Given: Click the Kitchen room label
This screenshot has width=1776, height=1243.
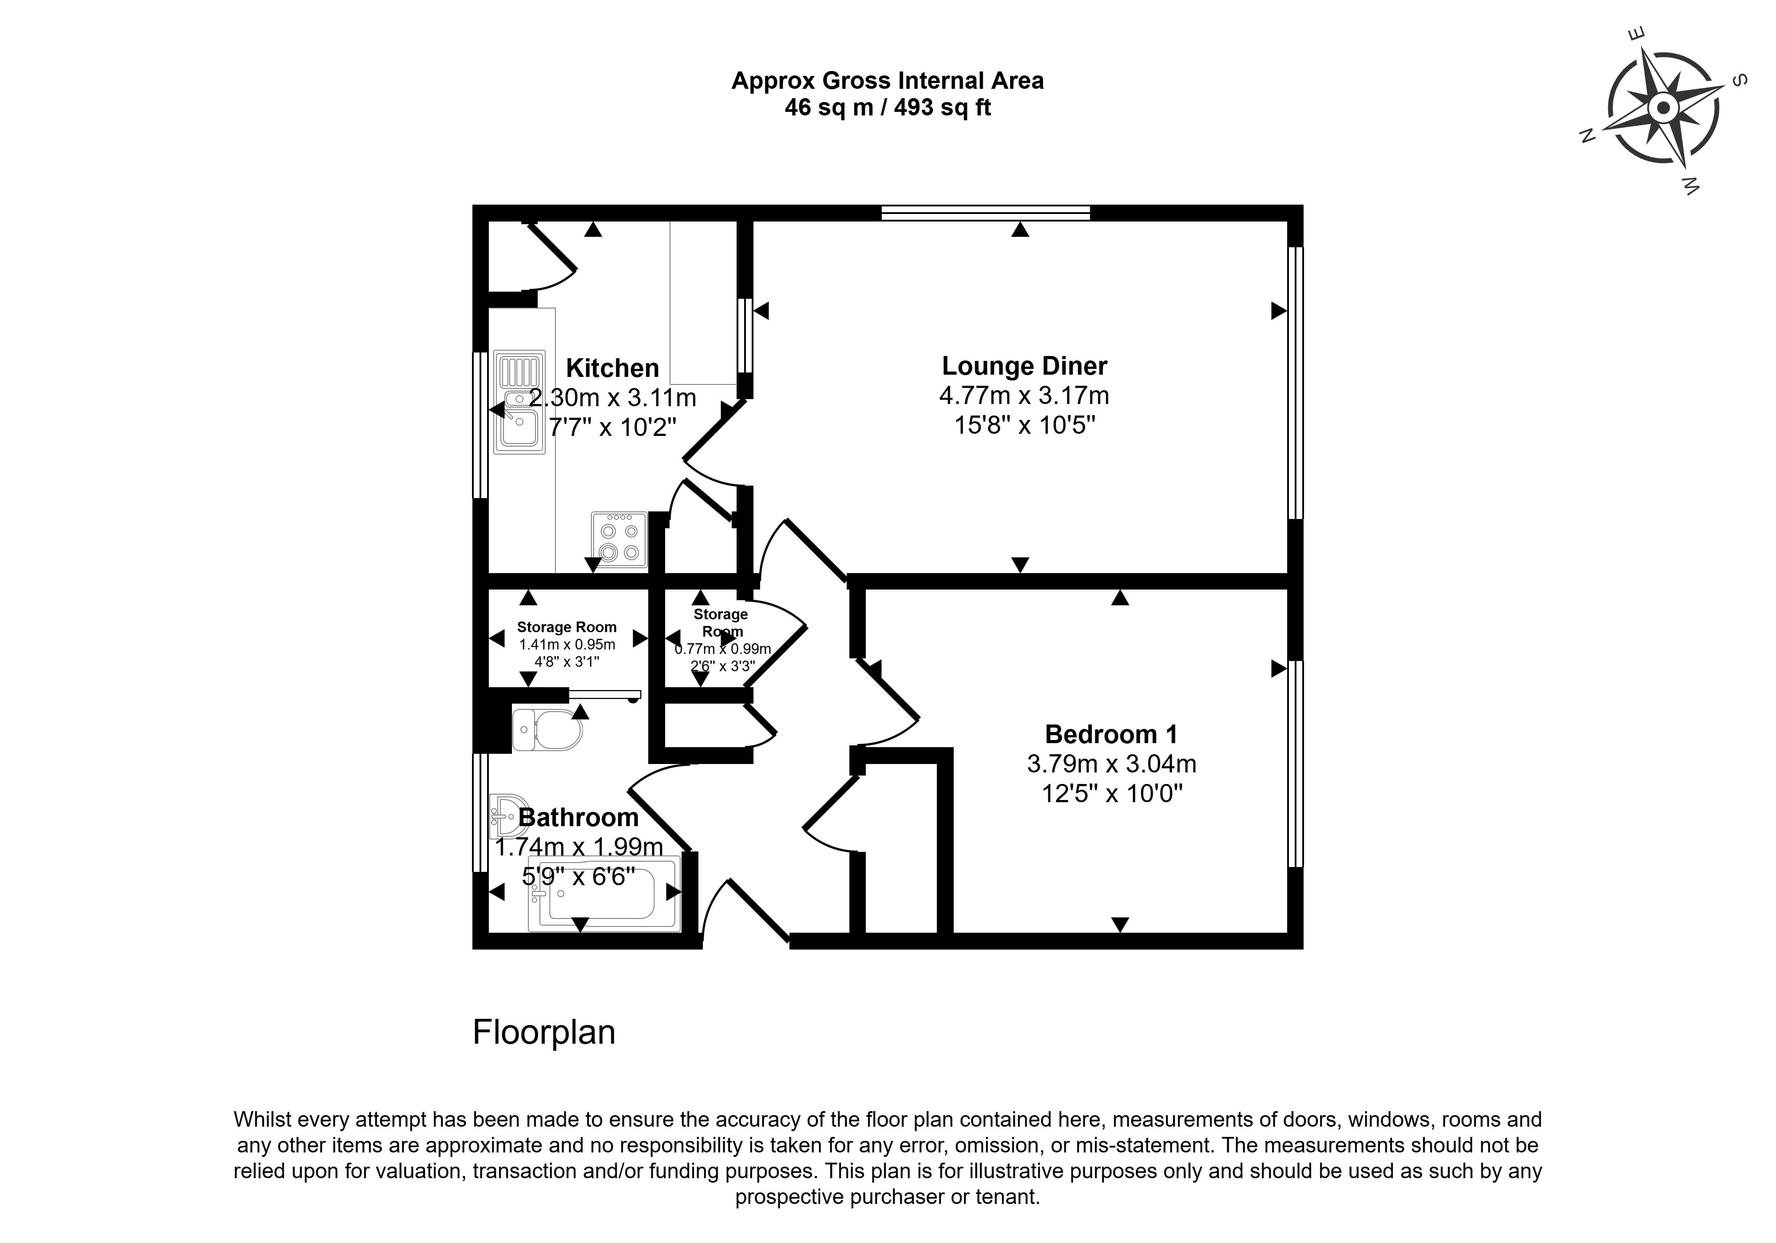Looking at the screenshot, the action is pyautogui.click(x=613, y=368).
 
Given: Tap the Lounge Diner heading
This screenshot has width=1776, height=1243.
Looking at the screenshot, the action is pyautogui.click(x=1024, y=366).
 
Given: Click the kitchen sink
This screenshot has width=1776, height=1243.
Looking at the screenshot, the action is pyautogui.click(x=520, y=402).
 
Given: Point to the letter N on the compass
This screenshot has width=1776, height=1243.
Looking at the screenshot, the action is pyautogui.click(x=1587, y=137).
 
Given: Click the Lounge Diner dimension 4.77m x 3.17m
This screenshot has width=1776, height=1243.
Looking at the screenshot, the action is pyautogui.click(x=1024, y=395).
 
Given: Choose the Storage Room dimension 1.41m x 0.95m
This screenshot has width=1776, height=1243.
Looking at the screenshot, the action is pyautogui.click(x=567, y=644).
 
